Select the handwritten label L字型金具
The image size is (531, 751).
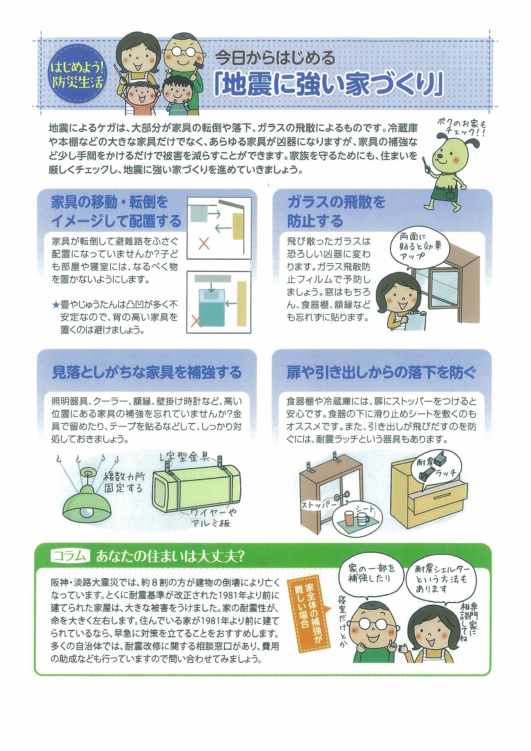pos(186,456)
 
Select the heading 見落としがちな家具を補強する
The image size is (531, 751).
pos(147,372)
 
